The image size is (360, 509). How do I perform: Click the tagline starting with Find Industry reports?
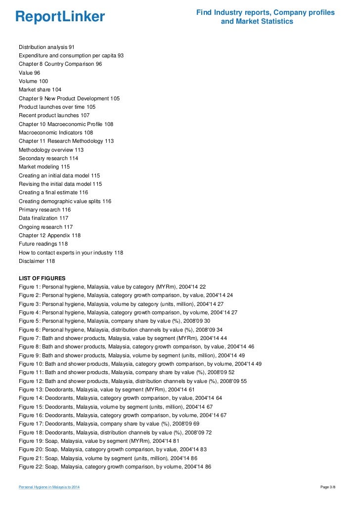tap(265, 17)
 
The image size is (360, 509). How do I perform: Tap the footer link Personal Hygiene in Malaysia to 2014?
tap(49, 488)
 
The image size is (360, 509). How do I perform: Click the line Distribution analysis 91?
tap(46, 47)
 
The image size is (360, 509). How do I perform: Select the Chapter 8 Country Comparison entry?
tap(60, 64)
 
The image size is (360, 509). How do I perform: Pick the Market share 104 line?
tap(40, 90)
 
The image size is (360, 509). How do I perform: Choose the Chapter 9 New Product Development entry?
tap(69, 98)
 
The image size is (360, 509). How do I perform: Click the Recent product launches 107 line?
tap(54, 116)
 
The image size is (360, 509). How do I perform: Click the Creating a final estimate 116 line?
tap(53, 192)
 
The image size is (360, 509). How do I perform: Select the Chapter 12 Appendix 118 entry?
tap(49, 235)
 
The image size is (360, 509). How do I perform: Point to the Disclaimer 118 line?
tap(37, 261)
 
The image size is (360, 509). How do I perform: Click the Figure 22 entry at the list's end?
tap(115, 467)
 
